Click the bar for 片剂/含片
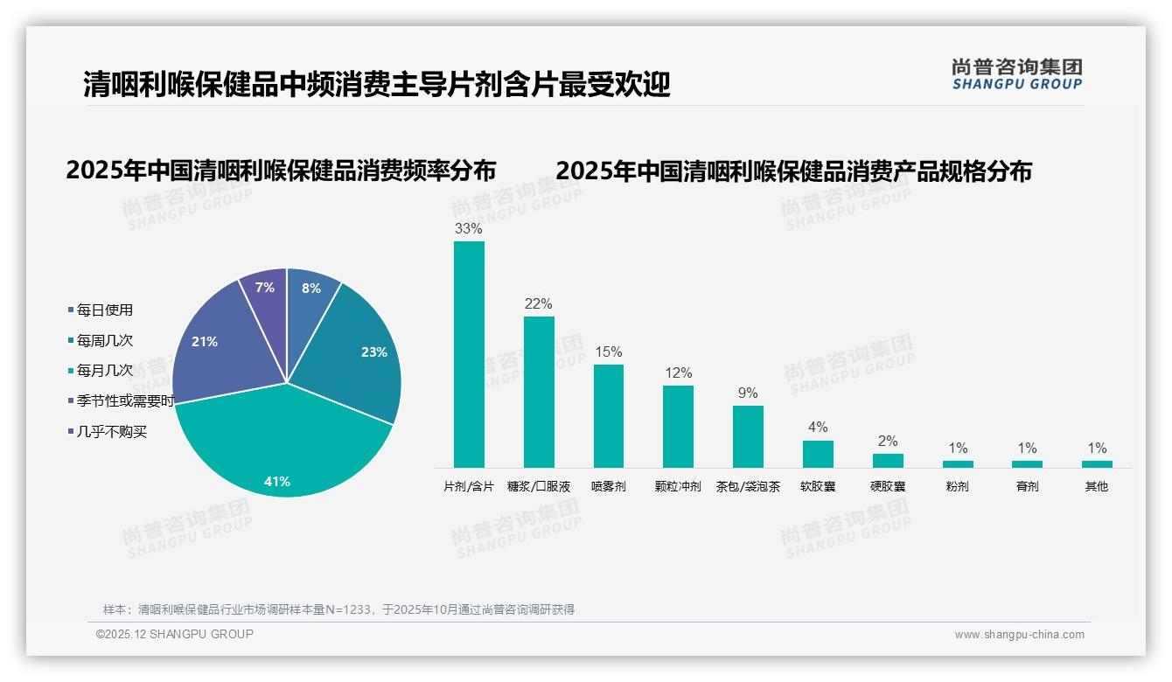(469, 354)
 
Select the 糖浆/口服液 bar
(539, 392)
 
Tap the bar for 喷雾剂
(608, 416)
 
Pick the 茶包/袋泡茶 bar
(748, 436)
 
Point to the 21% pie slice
(214, 345)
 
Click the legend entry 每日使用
(104, 310)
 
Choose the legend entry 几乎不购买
(111, 432)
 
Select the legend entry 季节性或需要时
(125, 401)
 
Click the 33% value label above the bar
(469, 229)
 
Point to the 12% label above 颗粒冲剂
(678, 373)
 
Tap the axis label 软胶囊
(818, 486)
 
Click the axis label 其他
(1097, 486)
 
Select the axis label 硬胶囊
(888, 486)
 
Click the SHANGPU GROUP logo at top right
(1016, 74)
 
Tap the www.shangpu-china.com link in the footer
(1019, 635)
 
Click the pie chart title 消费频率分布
(281, 170)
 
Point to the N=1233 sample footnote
(338, 609)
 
